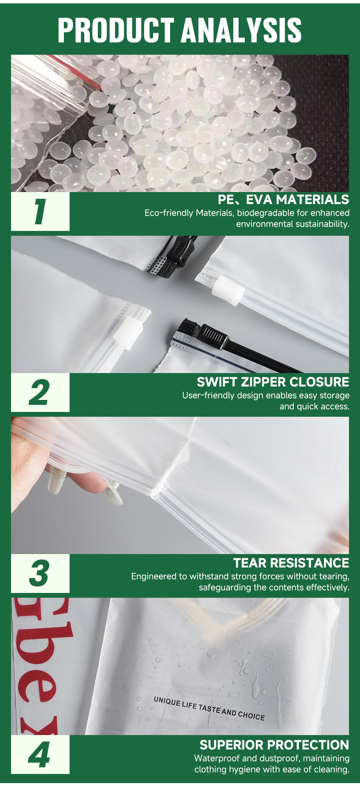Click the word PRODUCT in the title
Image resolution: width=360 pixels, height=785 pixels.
pyautogui.click(x=116, y=30)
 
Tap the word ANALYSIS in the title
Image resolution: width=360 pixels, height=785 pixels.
pyautogui.click(x=241, y=30)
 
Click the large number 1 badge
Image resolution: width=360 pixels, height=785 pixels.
pyautogui.click(x=40, y=211)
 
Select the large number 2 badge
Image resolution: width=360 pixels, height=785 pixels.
pyautogui.click(x=39, y=392)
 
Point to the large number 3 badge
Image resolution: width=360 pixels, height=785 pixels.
pyautogui.click(x=39, y=573)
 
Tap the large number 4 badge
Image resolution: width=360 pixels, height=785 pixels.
pyautogui.click(x=39, y=754)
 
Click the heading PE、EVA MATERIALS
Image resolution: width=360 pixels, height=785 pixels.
pyautogui.click(x=283, y=199)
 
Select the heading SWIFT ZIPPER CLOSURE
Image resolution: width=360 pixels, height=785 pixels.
pyautogui.click(x=273, y=382)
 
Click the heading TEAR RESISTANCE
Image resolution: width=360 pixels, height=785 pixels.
pyautogui.click(x=291, y=563)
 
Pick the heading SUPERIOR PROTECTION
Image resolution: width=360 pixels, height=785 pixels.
pyautogui.click(x=274, y=745)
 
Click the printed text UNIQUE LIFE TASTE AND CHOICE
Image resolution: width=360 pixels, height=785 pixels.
pyautogui.click(x=209, y=709)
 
